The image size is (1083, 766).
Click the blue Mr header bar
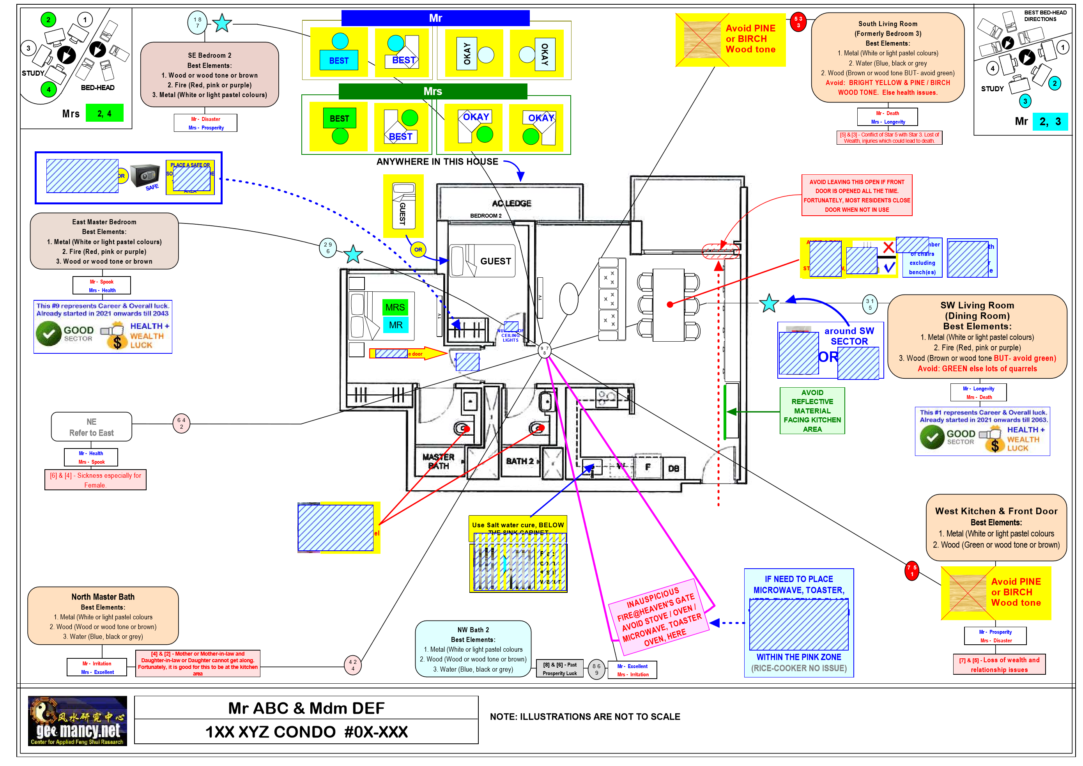(435, 18)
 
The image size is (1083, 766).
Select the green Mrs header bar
(433, 91)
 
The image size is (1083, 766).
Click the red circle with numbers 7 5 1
(912, 571)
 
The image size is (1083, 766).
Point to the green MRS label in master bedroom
(395, 307)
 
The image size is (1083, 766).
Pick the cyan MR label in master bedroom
(395, 325)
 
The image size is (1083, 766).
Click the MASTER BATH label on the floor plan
(438, 461)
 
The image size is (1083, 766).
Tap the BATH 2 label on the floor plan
(520, 461)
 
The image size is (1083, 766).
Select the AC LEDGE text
(511, 204)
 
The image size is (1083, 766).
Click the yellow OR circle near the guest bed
(418, 250)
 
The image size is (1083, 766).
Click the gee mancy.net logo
(77, 720)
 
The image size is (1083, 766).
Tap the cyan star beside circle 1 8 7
(222, 23)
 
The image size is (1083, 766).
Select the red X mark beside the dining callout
(888, 247)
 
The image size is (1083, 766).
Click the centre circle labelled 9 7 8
(544, 350)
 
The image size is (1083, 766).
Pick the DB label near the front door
(673, 468)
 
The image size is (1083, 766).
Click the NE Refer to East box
(92, 427)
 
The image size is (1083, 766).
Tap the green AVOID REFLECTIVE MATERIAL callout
(812, 411)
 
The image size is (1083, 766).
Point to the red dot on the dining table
(670, 305)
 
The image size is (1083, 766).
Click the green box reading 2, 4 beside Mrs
(104, 113)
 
